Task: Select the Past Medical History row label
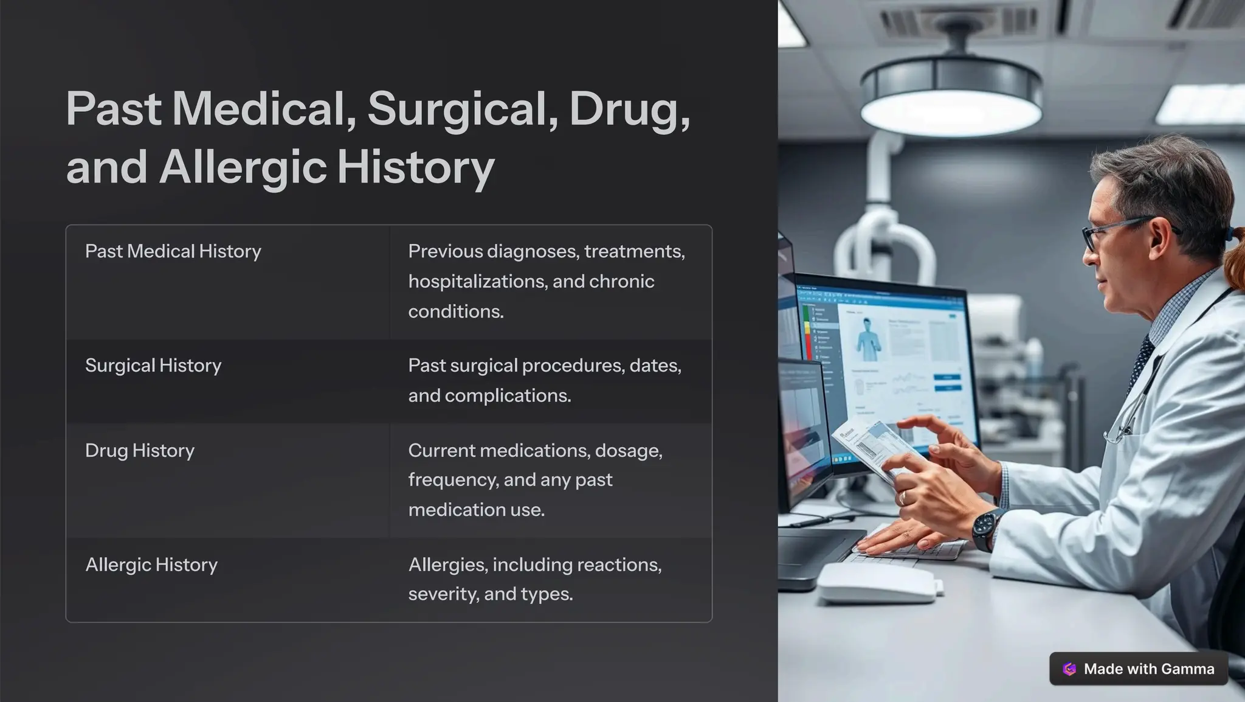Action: [173, 251]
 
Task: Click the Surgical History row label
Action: [153, 366]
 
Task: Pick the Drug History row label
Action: [140, 451]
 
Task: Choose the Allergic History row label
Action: [151, 565]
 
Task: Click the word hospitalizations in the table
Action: [477, 282]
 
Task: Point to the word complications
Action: [508, 396]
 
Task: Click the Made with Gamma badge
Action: [1139, 669]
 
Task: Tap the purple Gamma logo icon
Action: [1069, 669]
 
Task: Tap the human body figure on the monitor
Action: [868, 338]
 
